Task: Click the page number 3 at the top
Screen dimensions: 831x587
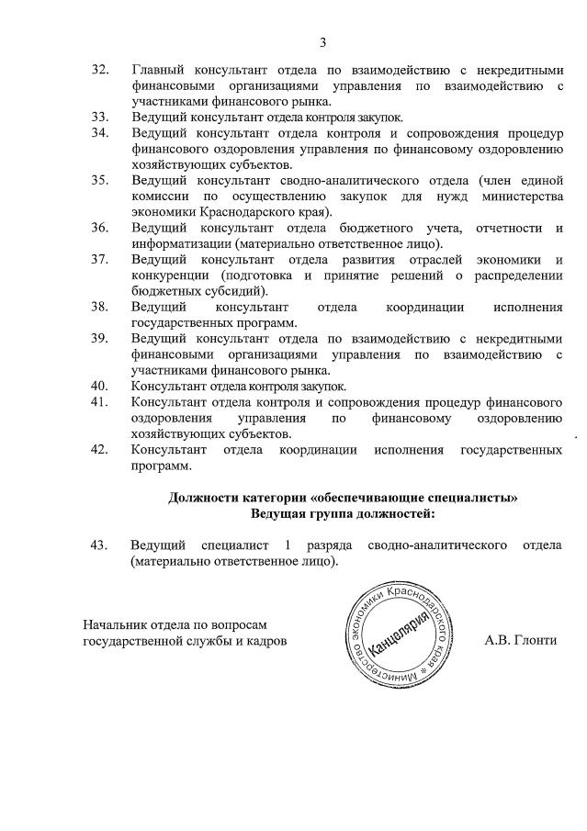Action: pos(322,42)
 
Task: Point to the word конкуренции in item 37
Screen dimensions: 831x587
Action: pos(169,275)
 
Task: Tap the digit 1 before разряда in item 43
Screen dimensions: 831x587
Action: pos(288,545)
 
